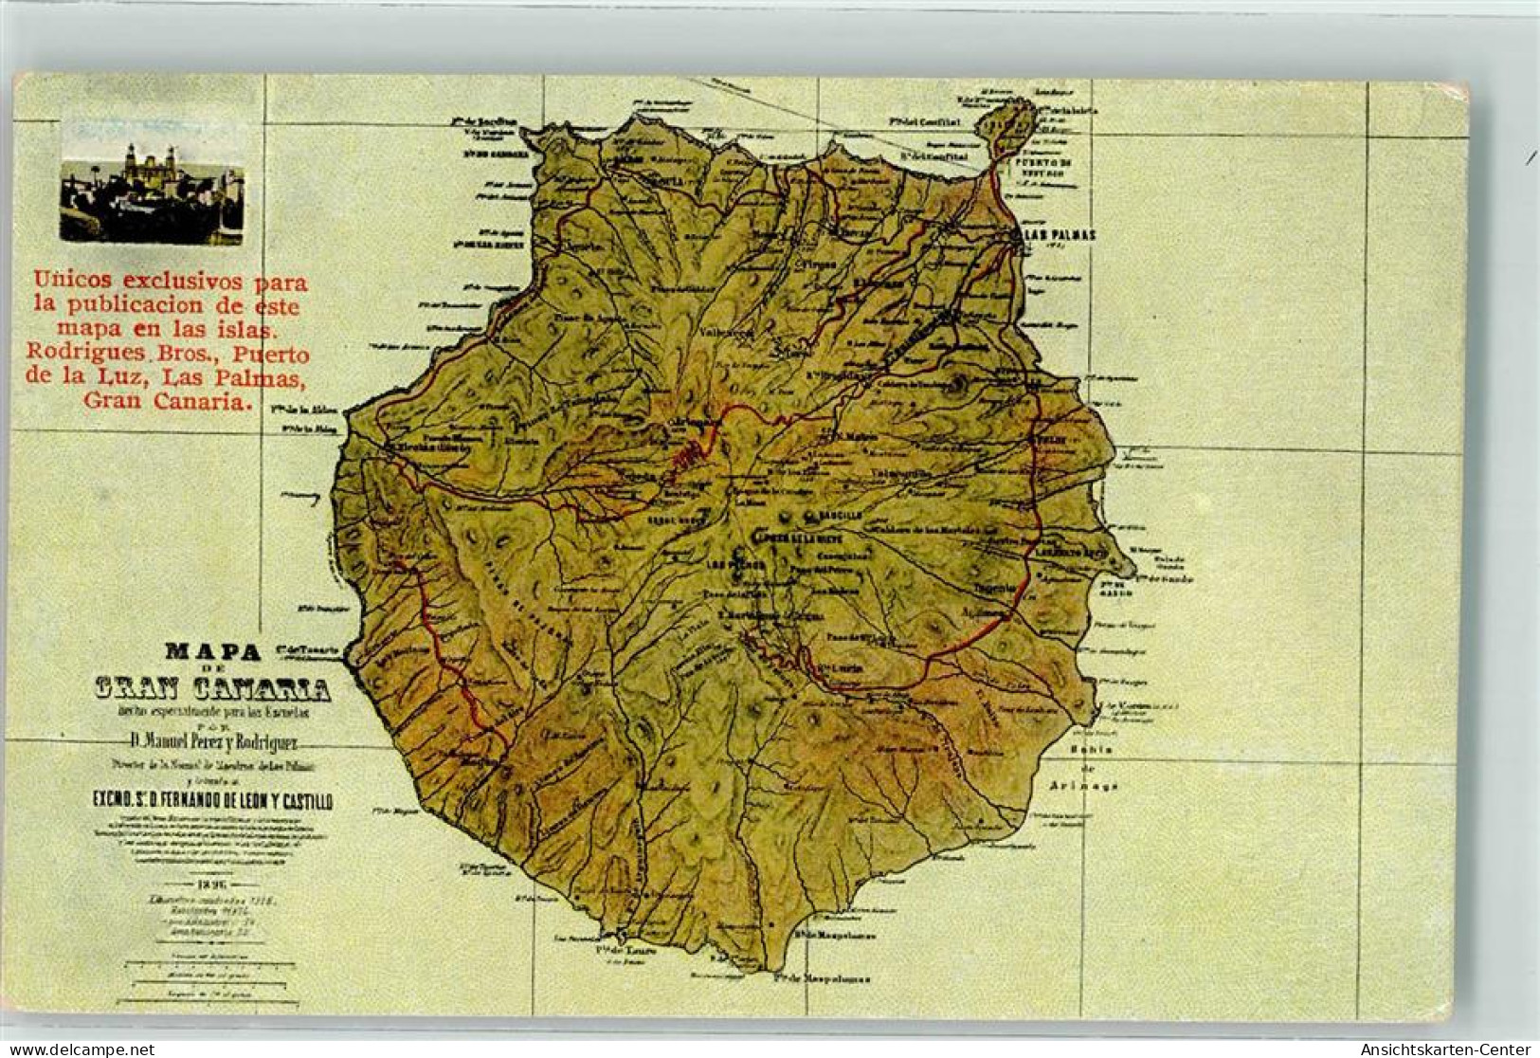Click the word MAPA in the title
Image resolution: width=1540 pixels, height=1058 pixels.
212,651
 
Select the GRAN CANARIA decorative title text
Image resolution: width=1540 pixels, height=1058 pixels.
212,687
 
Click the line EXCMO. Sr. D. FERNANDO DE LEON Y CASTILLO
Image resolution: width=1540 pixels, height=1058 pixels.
212,803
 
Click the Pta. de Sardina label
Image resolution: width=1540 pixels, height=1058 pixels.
484,122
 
